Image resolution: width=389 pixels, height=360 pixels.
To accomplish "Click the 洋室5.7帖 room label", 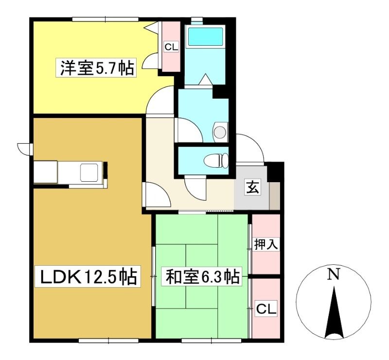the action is [95, 68].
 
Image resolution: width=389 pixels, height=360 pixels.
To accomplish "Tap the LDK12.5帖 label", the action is [88, 276].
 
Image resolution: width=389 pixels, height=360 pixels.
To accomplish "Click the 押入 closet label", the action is [266, 244].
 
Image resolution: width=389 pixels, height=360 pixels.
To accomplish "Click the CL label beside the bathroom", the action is [172, 47].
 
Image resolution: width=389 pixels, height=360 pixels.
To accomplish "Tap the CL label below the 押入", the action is [266, 309].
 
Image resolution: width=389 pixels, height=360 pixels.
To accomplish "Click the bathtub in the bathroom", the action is [206, 37].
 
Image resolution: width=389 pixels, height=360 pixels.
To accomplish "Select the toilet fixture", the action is [216, 160].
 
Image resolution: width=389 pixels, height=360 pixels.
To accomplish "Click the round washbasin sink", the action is [220, 132].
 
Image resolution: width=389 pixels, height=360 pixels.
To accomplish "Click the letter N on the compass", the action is [334, 274].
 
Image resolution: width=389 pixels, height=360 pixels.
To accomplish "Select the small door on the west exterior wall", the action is [25, 149].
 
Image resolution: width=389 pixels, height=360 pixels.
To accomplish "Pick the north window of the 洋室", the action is [105, 19].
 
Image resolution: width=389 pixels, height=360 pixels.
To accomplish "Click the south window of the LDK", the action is [108, 341].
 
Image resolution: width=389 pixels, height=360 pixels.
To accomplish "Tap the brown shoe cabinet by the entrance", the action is [275, 196].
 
